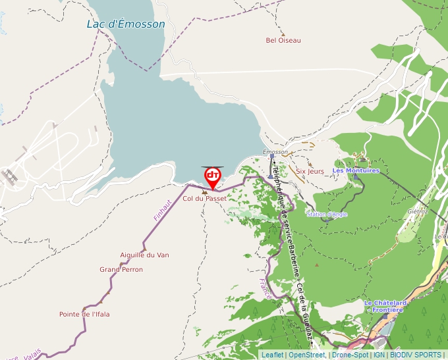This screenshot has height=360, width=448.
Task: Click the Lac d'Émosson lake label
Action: (126, 24)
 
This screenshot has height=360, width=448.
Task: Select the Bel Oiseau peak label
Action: (283, 40)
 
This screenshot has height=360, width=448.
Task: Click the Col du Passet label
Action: (204, 198)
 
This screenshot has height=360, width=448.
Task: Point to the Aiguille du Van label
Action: (144, 255)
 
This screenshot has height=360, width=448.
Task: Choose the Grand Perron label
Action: (121, 269)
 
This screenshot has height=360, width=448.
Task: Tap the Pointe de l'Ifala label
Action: (84, 314)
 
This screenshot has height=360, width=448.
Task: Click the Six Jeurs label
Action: (310, 171)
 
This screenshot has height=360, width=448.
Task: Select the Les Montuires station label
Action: (356, 170)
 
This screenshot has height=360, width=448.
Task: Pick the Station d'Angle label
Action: (327, 214)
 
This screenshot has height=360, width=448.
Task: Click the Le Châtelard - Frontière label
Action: (385, 306)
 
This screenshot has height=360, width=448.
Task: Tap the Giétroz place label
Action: (417, 211)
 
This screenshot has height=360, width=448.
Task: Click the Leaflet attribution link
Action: (272, 355)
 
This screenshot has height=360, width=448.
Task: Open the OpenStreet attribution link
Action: (306, 355)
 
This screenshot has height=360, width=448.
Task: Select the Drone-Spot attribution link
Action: (350, 355)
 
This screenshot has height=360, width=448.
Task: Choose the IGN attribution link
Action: (379, 355)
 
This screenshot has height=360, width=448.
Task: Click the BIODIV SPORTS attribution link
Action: (416, 355)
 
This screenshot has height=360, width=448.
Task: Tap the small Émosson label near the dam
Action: (275, 152)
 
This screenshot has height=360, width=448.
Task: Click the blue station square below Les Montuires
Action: (356, 176)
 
